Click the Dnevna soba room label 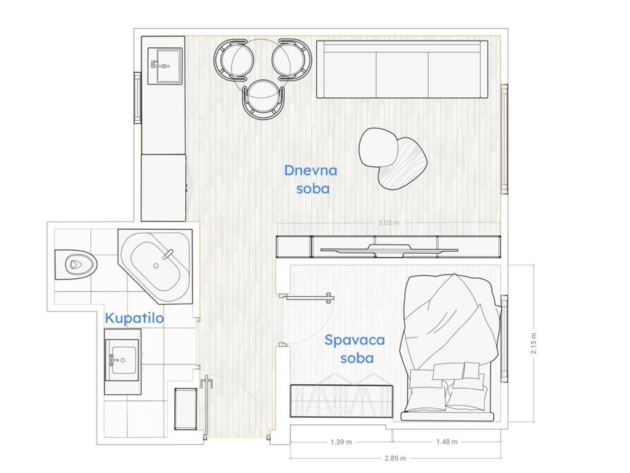311,179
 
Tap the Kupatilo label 134,318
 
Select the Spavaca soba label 355,349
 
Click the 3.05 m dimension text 389,222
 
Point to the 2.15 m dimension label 533,343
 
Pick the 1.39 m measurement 341,442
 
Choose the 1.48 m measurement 447,442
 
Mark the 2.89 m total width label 396,458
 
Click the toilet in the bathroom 76,264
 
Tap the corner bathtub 156,266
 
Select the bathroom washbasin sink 122,360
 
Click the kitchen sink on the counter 165,66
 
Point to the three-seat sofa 402,69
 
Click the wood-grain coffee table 402,163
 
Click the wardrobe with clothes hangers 341,400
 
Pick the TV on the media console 389,250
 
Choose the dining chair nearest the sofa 291,59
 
